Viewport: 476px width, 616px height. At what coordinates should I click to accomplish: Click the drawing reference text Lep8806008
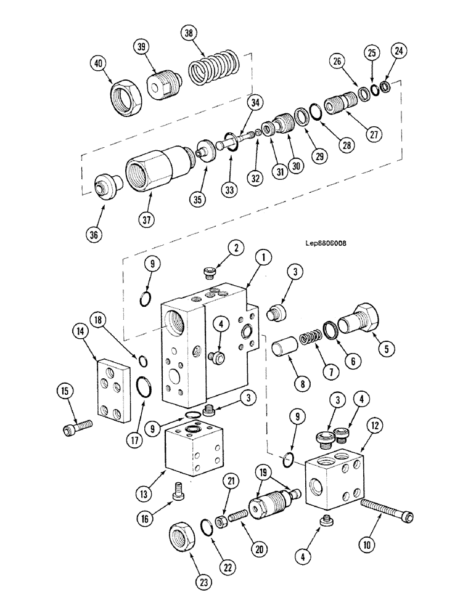point(321,243)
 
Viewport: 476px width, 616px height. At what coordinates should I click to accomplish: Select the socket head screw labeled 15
point(76,426)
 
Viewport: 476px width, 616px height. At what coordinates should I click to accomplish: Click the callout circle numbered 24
point(399,52)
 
